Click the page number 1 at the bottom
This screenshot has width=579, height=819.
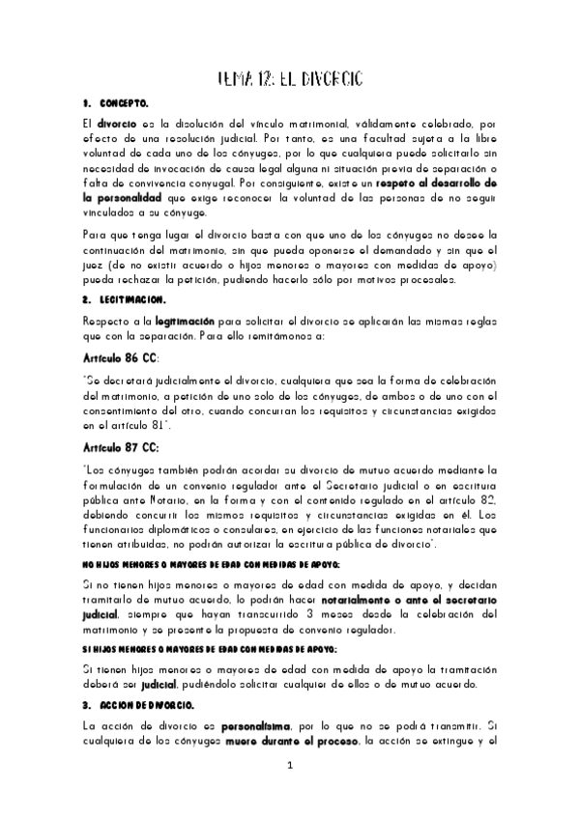[x=289, y=767]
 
